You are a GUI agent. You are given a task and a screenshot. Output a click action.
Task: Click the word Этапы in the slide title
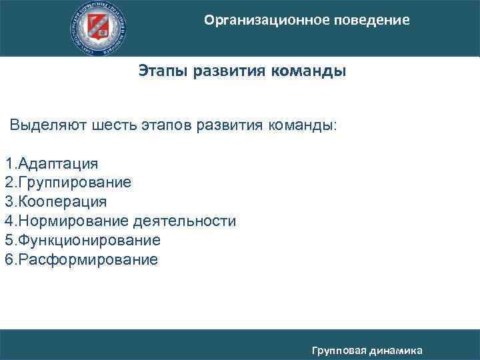click(x=163, y=71)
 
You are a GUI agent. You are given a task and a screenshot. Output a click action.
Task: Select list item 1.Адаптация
click(x=52, y=163)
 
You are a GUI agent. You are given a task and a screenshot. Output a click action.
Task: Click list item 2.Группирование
click(x=68, y=183)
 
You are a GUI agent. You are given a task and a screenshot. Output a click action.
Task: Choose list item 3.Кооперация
click(x=56, y=201)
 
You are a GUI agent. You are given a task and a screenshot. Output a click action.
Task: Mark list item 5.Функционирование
click(x=83, y=240)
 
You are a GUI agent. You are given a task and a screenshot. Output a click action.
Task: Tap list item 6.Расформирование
click(x=81, y=259)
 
